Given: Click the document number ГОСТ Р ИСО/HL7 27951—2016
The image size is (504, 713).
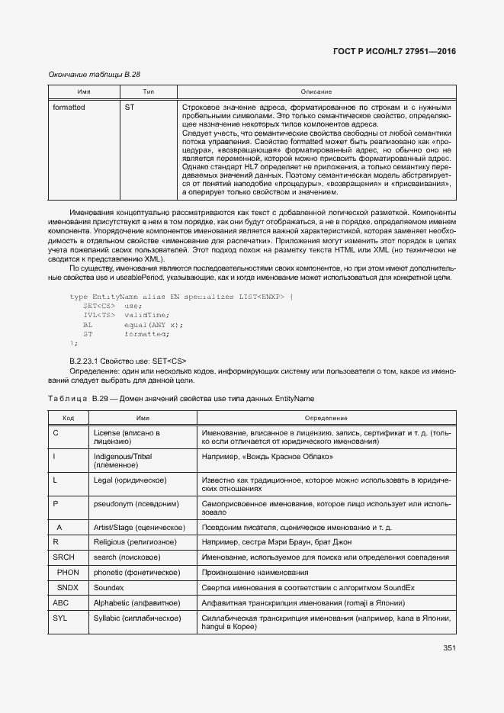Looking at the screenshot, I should [394, 51].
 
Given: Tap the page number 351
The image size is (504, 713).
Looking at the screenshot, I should [448, 649].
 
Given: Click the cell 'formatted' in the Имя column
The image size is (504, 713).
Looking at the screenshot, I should [69, 108].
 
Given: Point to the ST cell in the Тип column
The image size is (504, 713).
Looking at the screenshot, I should [130, 108].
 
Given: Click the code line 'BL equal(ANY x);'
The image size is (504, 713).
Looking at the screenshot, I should [133, 325].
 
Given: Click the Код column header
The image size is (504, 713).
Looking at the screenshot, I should [68, 418].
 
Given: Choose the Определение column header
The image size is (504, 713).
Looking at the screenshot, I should [326, 418].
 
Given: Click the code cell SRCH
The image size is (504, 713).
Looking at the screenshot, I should [63, 557].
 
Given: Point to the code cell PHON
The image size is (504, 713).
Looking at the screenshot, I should [67, 572].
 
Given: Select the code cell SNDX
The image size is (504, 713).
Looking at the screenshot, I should [67, 587].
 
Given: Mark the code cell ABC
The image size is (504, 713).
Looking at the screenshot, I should [61, 602].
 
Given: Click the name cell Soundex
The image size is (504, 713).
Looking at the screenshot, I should [108, 587].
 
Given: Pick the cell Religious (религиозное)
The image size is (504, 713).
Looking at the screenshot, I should [135, 542].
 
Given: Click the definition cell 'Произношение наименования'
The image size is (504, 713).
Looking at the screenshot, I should [255, 572].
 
